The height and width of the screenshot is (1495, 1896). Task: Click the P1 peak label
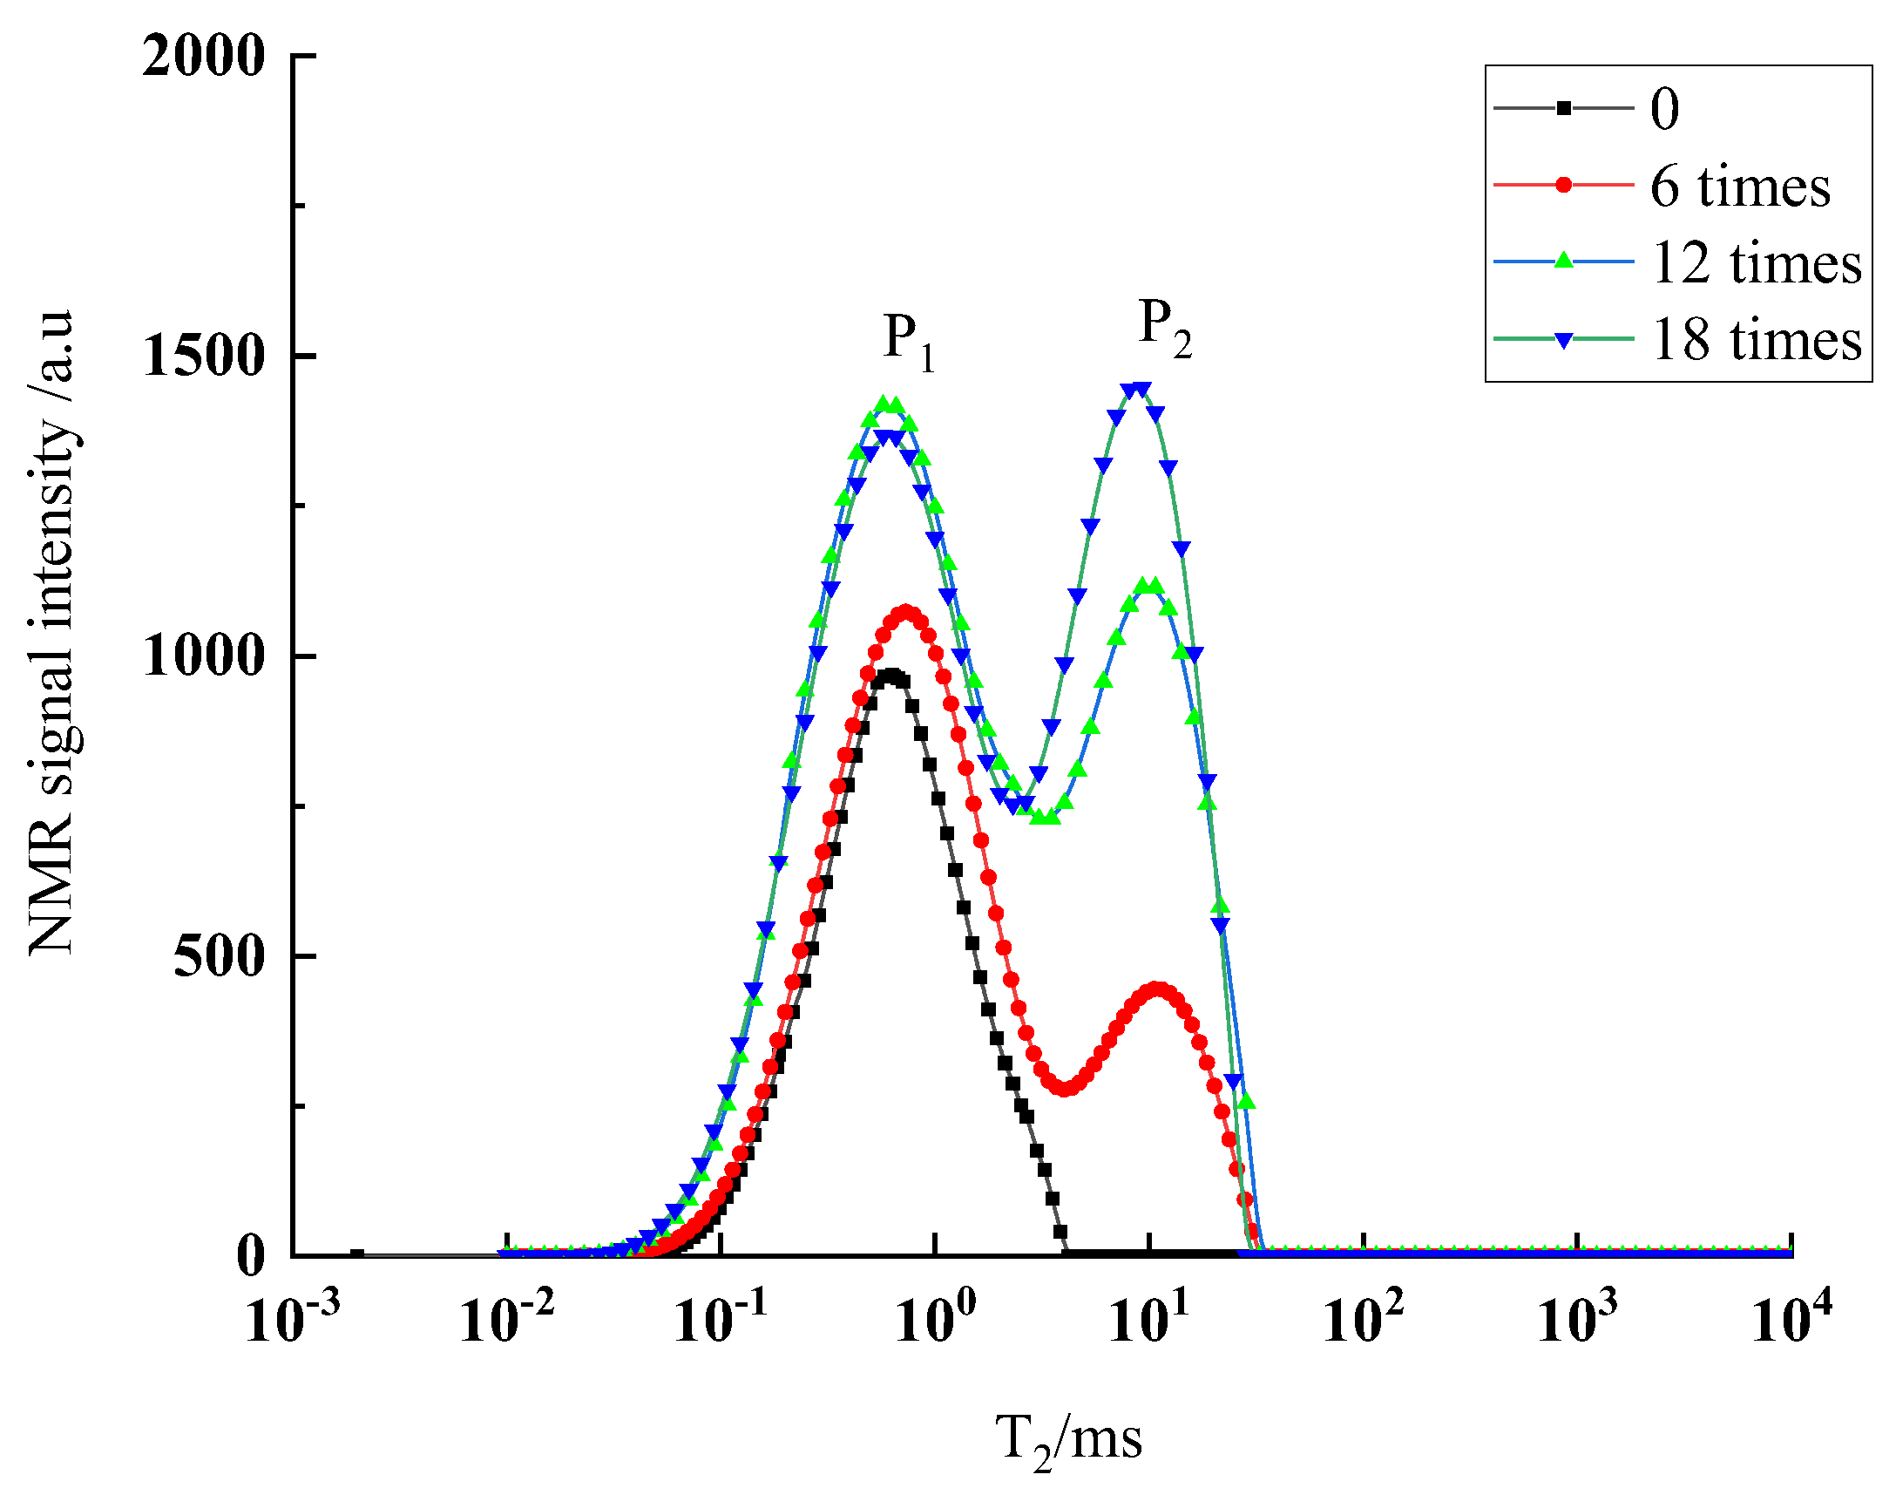908,342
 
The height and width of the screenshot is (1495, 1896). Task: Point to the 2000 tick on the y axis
203,56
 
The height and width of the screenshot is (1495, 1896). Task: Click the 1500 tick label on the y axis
203,357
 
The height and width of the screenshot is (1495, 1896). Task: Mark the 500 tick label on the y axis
219,955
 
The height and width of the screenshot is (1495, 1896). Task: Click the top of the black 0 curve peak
891,675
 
